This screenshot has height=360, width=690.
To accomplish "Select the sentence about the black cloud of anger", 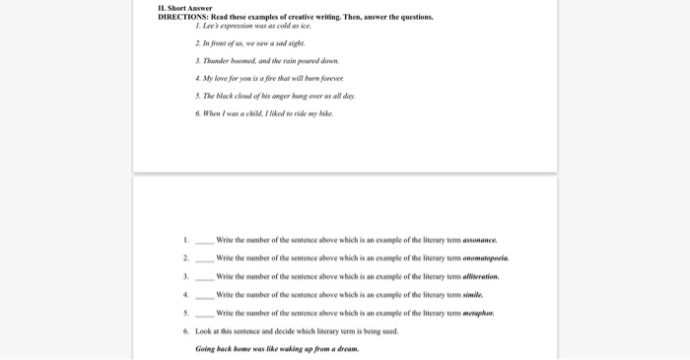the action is pyautogui.click(x=277, y=96).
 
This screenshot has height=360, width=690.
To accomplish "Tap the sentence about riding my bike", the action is pyautogui.click(x=266, y=113).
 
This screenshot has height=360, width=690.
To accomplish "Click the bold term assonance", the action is pyautogui.click(x=480, y=240).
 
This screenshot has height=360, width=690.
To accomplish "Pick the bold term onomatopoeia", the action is pyautogui.click(x=486, y=258).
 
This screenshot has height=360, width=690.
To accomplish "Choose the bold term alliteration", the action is pyautogui.click(x=481, y=276).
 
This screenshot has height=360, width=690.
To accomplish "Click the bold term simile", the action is pyautogui.click(x=473, y=295).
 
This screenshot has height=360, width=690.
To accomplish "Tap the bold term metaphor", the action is pyautogui.click(x=478, y=313).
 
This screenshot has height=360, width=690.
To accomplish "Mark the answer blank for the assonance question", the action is pyautogui.click(x=204, y=242).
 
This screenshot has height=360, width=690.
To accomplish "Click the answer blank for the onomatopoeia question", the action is pyautogui.click(x=204, y=260).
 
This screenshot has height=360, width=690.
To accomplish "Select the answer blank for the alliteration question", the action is pyautogui.click(x=204, y=278).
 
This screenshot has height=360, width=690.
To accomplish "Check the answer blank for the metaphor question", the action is pyautogui.click(x=204, y=315).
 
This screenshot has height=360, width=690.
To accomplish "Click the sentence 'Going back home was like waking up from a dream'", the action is pyautogui.click(x=277, y=348).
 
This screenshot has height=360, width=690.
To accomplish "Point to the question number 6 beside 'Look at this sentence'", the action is pyautogui.click(x=185, y=331).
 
